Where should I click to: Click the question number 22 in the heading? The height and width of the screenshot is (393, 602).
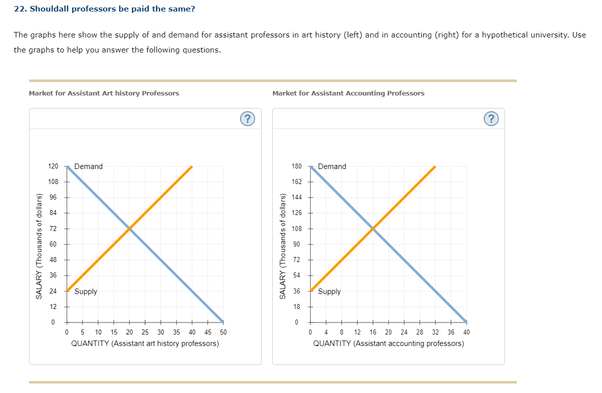coord(20,9)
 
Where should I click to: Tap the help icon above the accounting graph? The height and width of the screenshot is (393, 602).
coord(491,118)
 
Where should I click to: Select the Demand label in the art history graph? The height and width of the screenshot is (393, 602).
coord(88,166)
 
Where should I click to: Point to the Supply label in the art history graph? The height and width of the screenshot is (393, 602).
coord(86,291)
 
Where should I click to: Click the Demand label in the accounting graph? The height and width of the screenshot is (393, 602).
coord(332,166)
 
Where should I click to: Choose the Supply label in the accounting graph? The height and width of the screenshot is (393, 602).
coord(329,291)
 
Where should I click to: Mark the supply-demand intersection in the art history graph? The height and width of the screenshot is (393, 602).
coord(130,228)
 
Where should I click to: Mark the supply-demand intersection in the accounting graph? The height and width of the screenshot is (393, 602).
coord(373,228)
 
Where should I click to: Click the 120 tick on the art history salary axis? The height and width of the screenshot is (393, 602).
coord(53,166)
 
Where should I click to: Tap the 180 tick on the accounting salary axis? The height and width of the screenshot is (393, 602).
coord(297,166)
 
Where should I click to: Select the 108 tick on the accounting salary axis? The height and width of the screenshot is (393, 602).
coord(297,228)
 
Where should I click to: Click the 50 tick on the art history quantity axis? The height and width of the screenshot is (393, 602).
coord(223,332)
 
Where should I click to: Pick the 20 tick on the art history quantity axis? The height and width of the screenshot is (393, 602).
coord(130,332)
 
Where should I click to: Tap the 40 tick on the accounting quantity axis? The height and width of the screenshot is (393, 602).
coord(466,332)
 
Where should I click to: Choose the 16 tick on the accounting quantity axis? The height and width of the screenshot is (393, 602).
coord(373,332)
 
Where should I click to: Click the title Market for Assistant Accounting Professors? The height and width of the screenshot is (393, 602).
coord(348,93)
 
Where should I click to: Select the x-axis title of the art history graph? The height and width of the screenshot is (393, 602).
coord(145,343)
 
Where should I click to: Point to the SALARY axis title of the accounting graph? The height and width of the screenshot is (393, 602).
coord(283,246)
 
